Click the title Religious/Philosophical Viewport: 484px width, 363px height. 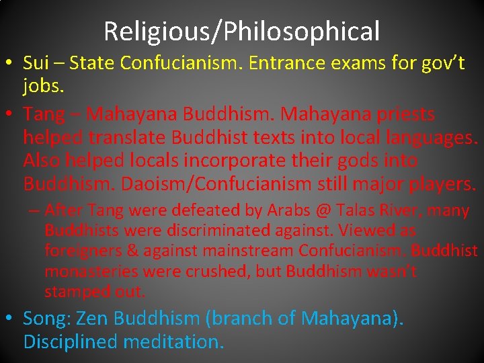tap(242, 31)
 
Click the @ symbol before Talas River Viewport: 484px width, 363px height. tap(325, 210)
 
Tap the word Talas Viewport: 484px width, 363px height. tap(359, 210)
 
